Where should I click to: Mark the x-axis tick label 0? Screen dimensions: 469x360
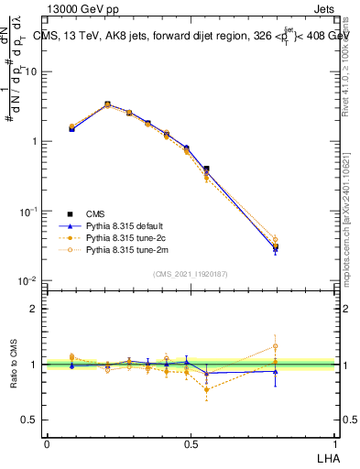(47, 443)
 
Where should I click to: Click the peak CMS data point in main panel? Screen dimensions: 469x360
(107, 104)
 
